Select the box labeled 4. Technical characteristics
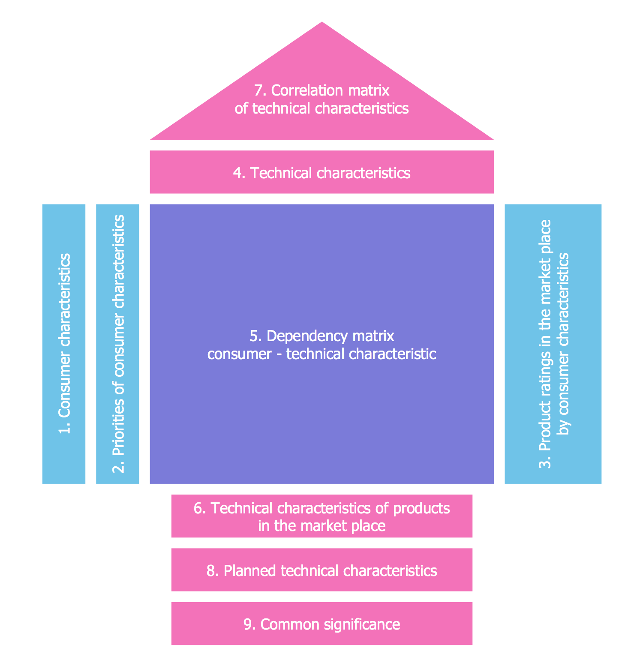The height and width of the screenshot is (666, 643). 321,172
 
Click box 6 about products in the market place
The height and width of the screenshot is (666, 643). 321,516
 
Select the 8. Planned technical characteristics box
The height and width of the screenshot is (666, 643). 321,570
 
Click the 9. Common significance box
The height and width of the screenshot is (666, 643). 321,624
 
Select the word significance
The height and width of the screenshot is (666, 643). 362,624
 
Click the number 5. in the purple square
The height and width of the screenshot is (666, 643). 256,336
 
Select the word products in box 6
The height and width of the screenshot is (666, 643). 421,508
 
